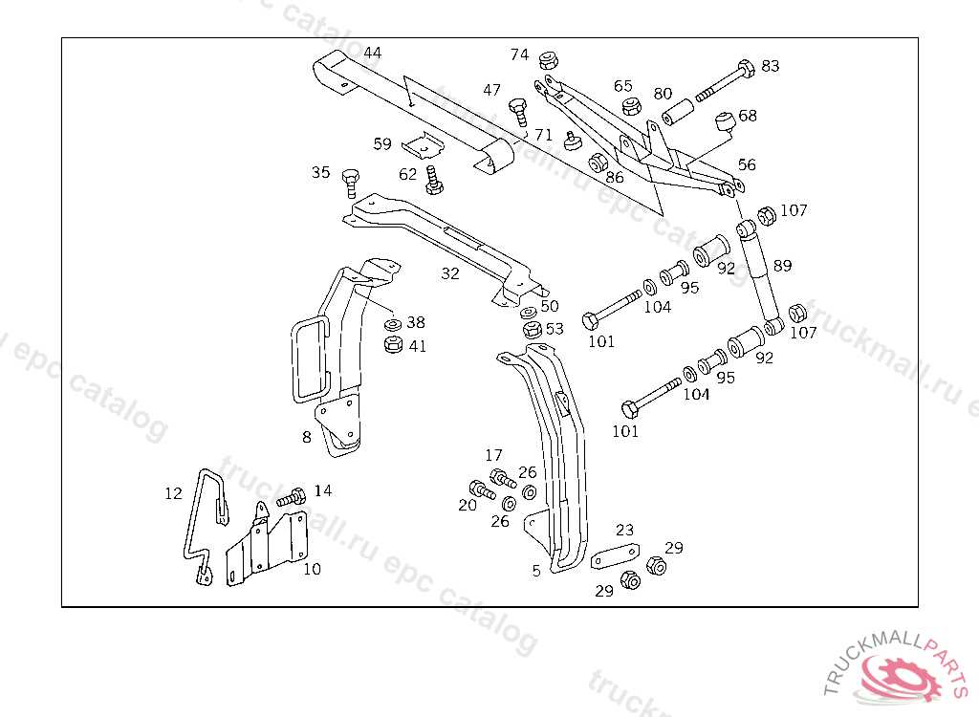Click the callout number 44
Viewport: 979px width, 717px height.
tap(372, 52)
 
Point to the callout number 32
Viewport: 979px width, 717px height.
tap(450, 273)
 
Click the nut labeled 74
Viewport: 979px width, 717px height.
tap(549, 59)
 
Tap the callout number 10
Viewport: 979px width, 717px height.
tap(312, 569)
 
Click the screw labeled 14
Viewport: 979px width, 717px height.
tap(292, 498)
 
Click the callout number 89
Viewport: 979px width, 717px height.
tap(782, 265)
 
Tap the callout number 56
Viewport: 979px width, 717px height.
tap(747, 164)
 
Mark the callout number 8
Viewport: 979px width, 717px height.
tap(307, 437)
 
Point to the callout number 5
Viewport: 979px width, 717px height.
tap(536, 570)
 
